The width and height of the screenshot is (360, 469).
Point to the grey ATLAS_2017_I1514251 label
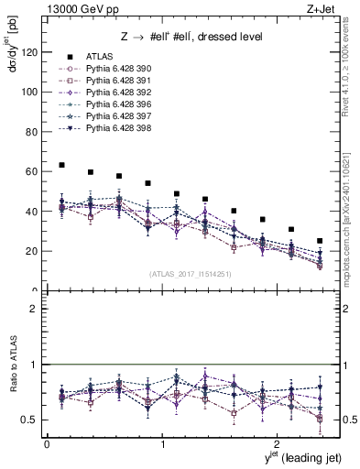[191, 273]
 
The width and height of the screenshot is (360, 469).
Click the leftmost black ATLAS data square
[61, 165]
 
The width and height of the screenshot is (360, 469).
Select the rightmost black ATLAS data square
[320, 241]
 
